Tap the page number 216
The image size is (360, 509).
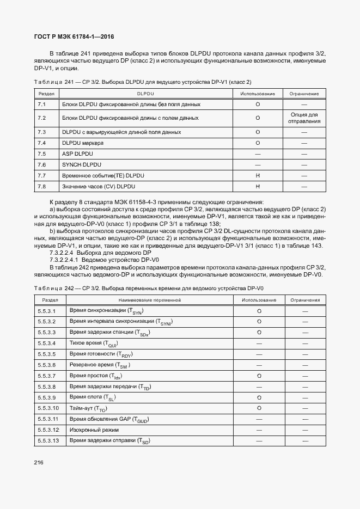[x=39, y=462]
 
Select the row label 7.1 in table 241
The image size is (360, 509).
[x=41, y=103]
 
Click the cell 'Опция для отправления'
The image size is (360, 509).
[x=304, y=118]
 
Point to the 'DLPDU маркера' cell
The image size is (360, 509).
[x=83, y=143]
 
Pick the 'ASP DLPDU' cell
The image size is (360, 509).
[x=79, y=154]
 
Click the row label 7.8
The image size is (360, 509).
[x=41, y=186]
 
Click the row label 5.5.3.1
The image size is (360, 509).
[x=47, y=310]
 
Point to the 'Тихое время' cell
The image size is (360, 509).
[x=94, y=344]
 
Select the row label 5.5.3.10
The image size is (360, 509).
[x=49, y=408]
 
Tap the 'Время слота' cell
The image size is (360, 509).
[x=93, y=397]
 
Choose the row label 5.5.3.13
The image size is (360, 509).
[x=49, y=440]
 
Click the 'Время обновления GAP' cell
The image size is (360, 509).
[x=109, y=419]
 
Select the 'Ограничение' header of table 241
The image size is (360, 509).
[x=304, y=94]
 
